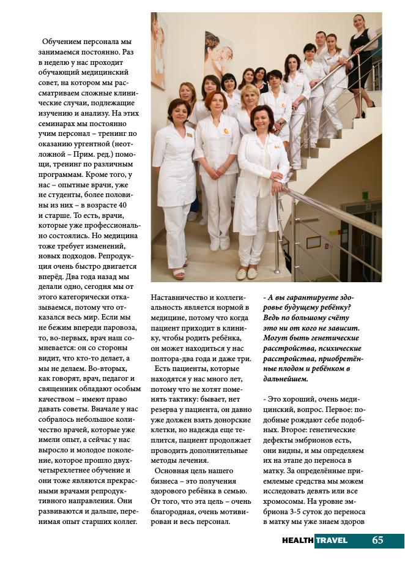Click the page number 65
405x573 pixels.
click(x=377, y=540)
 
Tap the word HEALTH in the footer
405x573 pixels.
click(x=297, y=541)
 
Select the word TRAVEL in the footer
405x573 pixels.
click(x=331, y=541)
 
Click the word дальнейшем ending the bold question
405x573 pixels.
click(x=286, y=380)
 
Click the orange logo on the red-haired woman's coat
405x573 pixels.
click(x=226, y=131)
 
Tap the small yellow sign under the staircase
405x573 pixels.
click(x=314, y=242)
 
